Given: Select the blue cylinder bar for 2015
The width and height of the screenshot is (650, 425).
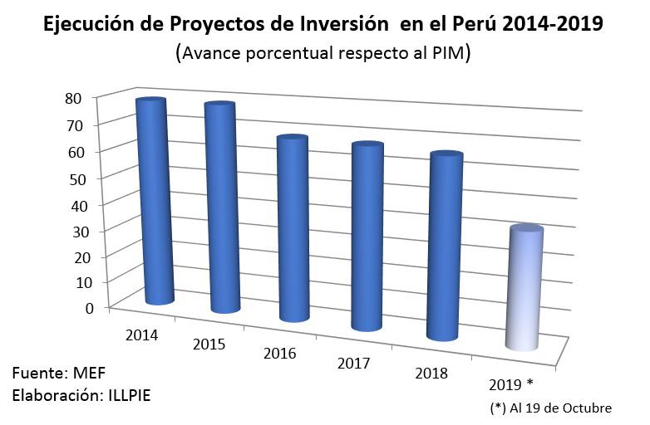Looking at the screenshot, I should [222, 208].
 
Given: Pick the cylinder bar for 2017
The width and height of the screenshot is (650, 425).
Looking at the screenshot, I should [367, 237].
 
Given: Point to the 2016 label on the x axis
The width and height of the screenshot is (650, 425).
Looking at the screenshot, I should [280, 354].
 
